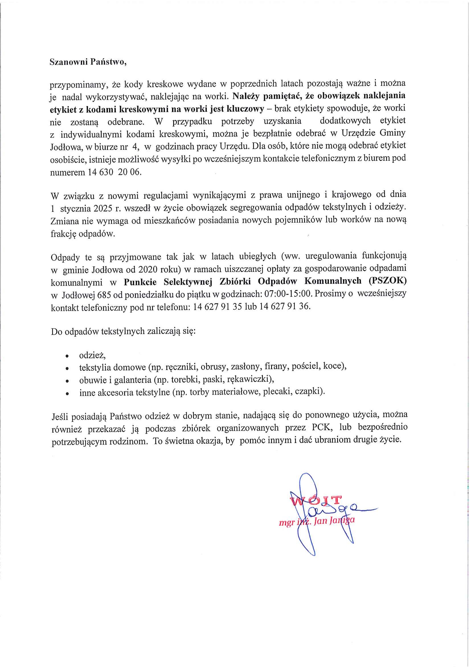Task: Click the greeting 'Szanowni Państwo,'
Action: pos(88,62)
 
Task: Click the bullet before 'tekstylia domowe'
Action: pos(67,368)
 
